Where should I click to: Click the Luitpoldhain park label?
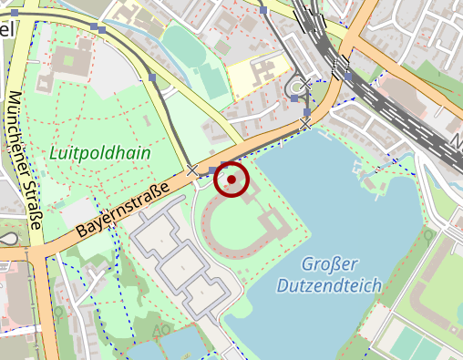coord(100,152)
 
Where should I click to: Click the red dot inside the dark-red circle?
coord(232,180)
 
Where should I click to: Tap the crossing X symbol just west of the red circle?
coord(192,170)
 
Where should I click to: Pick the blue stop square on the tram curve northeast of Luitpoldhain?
coord(152,78)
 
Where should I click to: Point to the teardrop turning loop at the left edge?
coord(8,239)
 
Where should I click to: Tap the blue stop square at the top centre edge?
coord(263,10)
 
